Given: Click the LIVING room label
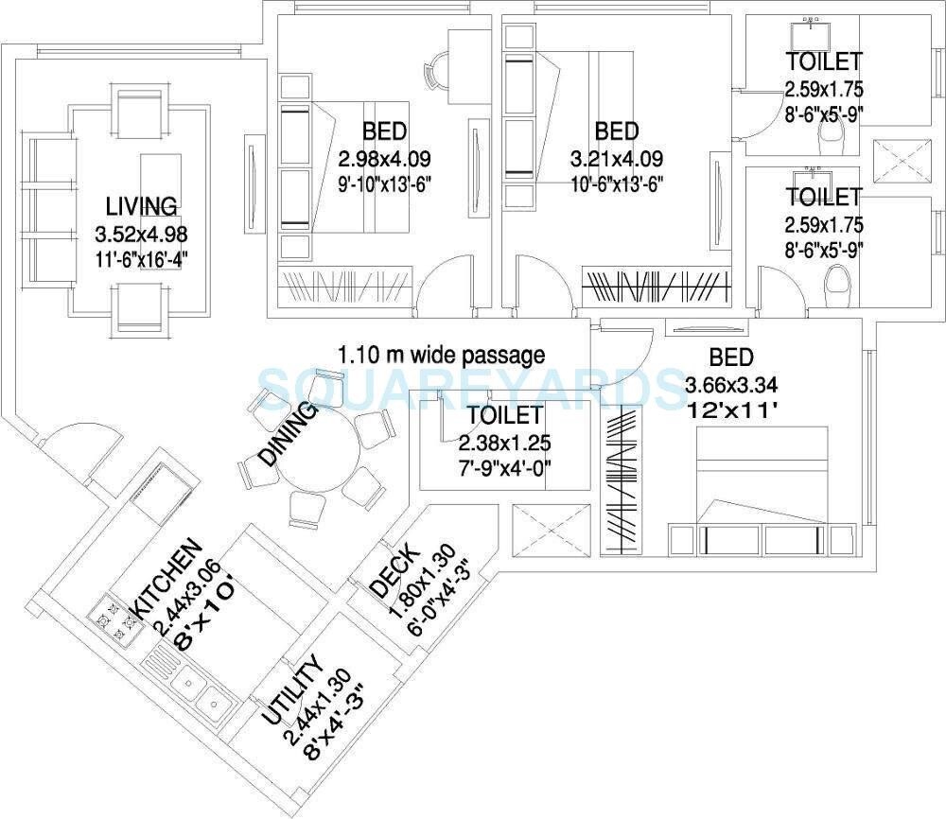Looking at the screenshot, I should click(x=141, y=205).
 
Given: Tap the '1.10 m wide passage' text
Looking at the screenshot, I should click(x=442, y=356).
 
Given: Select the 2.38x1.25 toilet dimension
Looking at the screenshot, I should click(x=504, y=443).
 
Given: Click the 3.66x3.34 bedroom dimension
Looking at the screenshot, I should click(x=731, y=385).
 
